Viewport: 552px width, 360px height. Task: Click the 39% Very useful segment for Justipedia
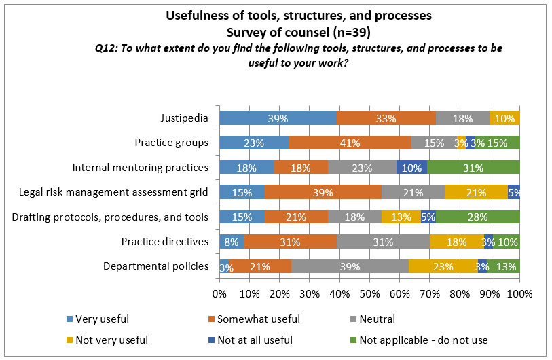[x=278, y=118]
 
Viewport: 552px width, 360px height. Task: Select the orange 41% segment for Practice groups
[x=349, y=143]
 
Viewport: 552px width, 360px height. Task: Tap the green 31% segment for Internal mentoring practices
[x=473, y=167]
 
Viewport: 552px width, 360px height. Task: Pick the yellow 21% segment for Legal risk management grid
[x=476, y=192]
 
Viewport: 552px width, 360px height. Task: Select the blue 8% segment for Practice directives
[x=231, y=241]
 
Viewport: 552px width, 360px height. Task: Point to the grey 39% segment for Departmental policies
[x=350, y=266]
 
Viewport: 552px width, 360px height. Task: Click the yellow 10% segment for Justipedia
[x=504, y=118]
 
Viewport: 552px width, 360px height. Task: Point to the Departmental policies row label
[x=155, y=266]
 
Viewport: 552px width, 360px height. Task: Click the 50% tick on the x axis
[x=369, y=293]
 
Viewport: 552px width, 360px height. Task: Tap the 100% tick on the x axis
[x=519, y=293]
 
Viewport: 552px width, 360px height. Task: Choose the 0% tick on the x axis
[x=219, y=293]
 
